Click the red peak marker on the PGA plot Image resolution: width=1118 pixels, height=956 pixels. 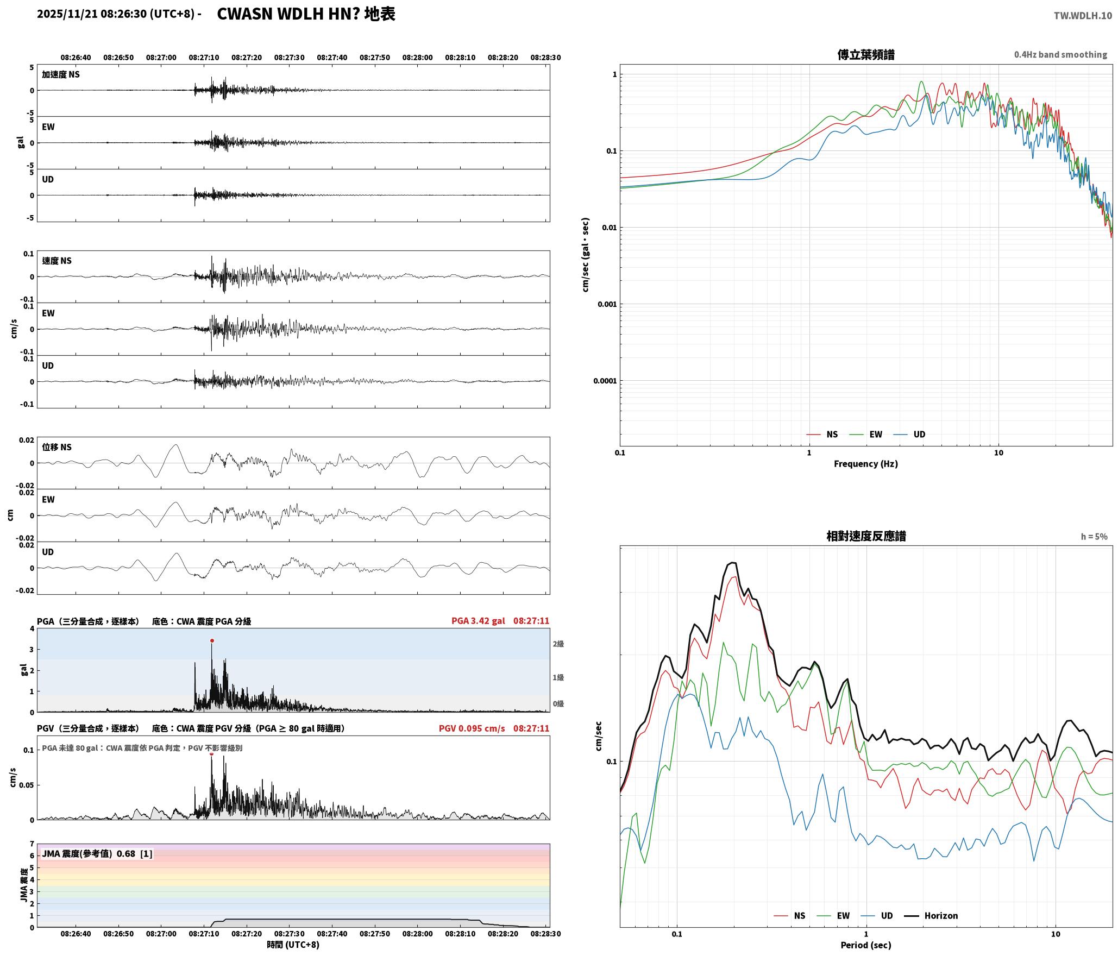click(x=212, y=641)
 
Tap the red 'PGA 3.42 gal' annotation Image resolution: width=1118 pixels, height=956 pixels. click(x=478, y=621)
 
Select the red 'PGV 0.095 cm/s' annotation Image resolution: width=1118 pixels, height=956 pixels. click(x=472, y=728)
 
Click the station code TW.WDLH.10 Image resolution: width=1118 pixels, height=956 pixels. click(x=1083, y=16)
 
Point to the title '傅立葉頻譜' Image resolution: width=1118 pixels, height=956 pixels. click(x=866, y=55)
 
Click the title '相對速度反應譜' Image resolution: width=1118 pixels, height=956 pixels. click(x=866, y=536)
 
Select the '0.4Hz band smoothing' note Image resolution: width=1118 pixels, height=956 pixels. click(x=1060, y=55)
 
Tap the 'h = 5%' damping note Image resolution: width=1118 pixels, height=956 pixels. click(x=1094, y=537)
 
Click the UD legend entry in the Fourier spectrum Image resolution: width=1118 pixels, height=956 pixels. click(x=909, y=435)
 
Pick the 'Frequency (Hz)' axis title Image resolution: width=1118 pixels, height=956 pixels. click(x=866, y=464)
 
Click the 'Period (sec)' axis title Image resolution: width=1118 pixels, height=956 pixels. click(x=866, y=945)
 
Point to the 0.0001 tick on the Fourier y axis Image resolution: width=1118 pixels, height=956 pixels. click(x=605, y=381)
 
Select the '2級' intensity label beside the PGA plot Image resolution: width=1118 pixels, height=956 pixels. click(x=558, y=644)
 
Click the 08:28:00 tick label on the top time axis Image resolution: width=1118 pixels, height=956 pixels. click(x=417, y=58)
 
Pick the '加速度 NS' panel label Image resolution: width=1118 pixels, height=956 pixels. click(x=61, y=74)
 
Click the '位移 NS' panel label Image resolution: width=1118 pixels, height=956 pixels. click(x=56, y=448)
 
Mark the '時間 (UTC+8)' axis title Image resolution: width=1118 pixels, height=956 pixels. click(x=293, y=945)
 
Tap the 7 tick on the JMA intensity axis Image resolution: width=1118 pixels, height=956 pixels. click(x=32, y=844)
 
